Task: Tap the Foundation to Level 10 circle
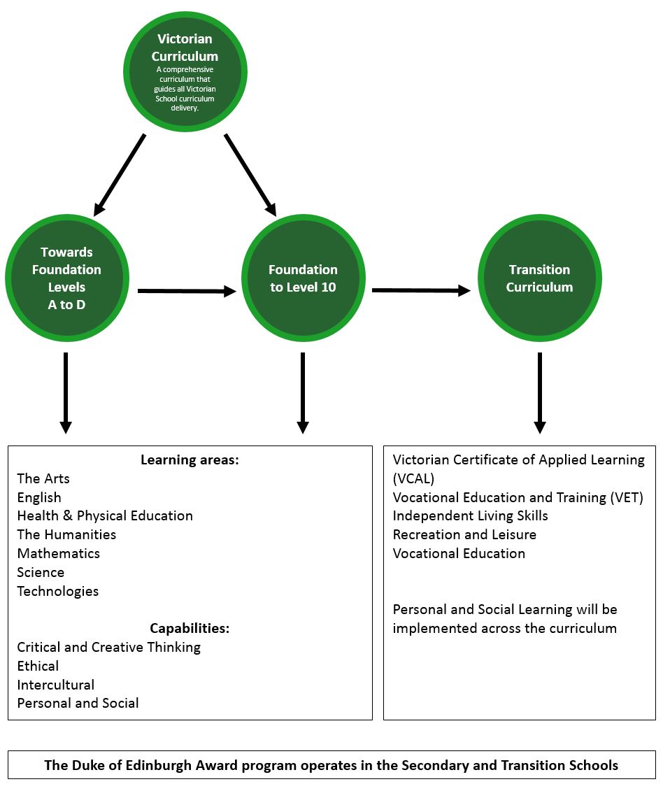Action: pos(303,278)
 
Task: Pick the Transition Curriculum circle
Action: pos(539,278)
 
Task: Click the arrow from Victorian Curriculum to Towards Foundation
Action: pos(120,174)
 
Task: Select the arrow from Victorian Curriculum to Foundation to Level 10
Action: pos(250,174)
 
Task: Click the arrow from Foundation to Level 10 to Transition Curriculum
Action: pos(420,290)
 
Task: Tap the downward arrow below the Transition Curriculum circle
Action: pos(539,392)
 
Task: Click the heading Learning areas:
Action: pos(190,460)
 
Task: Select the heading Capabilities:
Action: pos(190,629)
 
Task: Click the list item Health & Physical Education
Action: pos(105,516)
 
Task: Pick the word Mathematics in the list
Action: pos(59,554)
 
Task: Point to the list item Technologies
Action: pos(58,592)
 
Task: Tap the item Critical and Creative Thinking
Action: pos(109,648)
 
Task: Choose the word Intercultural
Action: pos(56,685)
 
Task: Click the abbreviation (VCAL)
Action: pos(413,479)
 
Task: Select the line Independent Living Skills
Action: pos(470,516)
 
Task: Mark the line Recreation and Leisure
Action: pos(464,535)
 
